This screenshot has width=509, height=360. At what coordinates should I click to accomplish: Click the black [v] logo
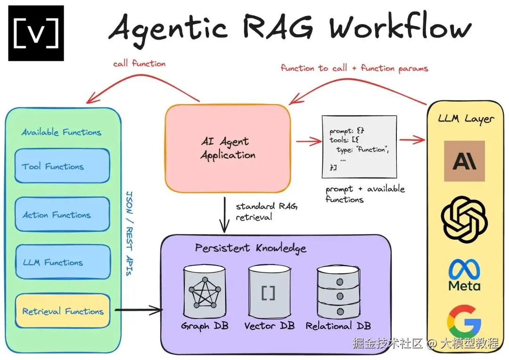(x=36, y=33)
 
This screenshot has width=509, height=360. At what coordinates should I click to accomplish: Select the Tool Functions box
(x=62, y=166)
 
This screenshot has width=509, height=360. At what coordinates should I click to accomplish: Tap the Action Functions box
(x=62, y=214)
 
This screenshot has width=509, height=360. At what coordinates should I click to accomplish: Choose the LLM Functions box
(x=63, y=262)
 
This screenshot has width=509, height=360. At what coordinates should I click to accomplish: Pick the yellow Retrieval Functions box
(x=63, y=311)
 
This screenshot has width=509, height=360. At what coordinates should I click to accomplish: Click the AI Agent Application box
(x=228, y=148)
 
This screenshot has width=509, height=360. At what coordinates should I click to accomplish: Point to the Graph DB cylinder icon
(x=204, y=292)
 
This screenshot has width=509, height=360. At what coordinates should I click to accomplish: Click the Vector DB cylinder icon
(x=269, y=292)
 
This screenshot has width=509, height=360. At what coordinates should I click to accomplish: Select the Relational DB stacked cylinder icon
(x=338, y=292)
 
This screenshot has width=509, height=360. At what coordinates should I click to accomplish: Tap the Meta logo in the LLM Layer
(x=464, y=275)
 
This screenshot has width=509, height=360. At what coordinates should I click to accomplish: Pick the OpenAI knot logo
(x=464, y=220)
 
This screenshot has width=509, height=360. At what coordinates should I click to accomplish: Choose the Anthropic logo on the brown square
(x=464, y=161)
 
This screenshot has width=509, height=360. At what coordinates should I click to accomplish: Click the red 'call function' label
(x=139, y=63)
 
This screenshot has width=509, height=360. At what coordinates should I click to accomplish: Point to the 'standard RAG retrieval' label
(x=266, y=212)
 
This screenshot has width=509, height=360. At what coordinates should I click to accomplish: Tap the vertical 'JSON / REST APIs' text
(x=129, y=233)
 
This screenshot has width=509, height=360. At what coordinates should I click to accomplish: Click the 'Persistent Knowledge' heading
(x=251, y=248)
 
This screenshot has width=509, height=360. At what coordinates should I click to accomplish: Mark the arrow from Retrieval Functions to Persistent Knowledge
(x=139, y=310)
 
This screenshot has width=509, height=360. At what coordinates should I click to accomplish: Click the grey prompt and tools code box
(x=359, y=147)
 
